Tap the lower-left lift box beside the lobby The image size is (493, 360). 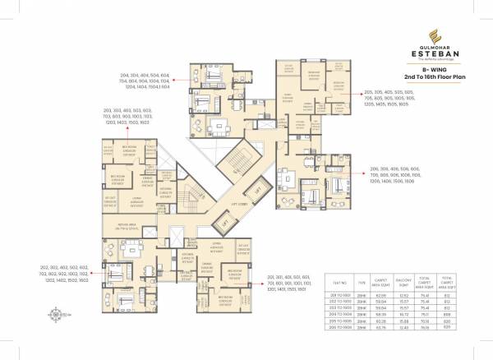tap(221, 222)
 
